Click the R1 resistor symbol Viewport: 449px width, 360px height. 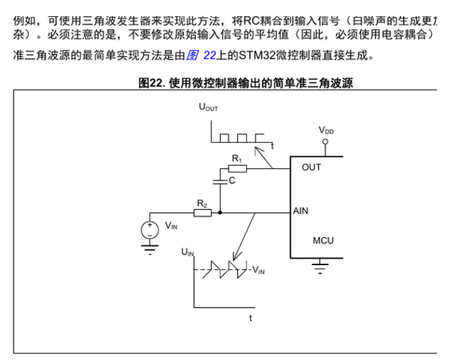click(237, 168)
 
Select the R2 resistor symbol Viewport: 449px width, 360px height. click(203, 213)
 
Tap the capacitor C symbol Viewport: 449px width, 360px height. click(220, 181)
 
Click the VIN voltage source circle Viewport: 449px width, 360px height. click(150, 230)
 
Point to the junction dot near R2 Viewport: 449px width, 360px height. click(220, 212)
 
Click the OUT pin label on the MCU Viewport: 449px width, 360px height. click(311, 167)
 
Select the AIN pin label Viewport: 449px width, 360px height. click(301, 211)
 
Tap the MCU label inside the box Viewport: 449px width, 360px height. click(323, 241)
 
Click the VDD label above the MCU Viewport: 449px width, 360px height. click(326, 130)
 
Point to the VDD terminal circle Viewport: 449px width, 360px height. click(325, 141)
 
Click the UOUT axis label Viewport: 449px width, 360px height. click(208, 107)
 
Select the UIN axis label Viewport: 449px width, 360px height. click(188, 252)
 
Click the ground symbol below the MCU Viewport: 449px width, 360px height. click(320, 266)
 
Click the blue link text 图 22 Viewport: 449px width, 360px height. click(201, 55)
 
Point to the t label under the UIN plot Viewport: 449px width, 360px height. click(250, 318)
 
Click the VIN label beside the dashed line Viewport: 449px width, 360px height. click(258, 270)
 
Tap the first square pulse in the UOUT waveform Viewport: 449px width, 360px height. click(224, 138)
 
